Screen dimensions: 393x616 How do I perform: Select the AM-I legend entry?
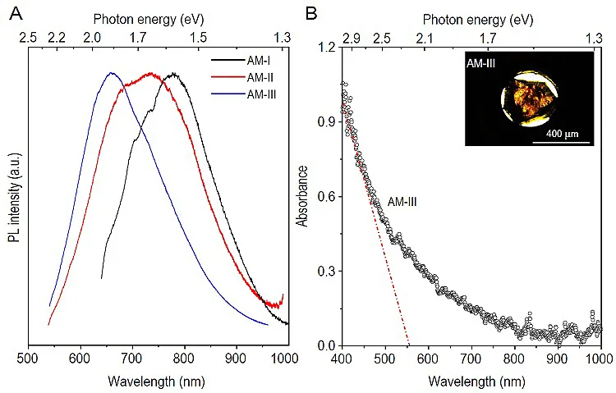pyautogui.click(x=258, y=60)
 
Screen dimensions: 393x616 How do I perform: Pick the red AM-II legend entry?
pyautogui.click(x=259, y=77)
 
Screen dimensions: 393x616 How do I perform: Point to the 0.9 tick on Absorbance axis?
pyautogui.click(x=326, y=122)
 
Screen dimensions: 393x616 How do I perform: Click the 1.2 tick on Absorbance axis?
pyautogui.click(x=326, y=48)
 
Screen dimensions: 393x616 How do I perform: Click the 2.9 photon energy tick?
pyautogui.click(x=351, y=38)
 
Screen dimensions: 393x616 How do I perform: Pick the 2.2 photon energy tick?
pyautogui.click(x=57, y=38)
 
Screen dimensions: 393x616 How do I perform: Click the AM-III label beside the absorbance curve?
pyautogui.click(x=402, y=199)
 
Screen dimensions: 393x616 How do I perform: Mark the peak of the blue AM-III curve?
pyautogui.click(x=112, y=73)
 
